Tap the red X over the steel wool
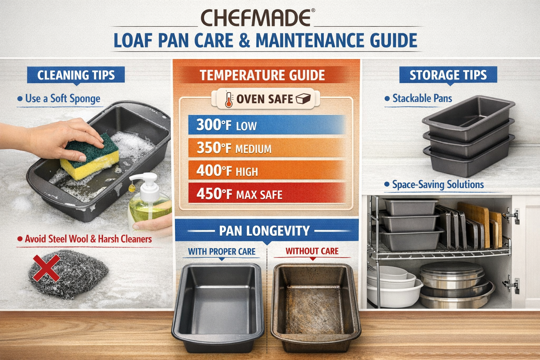(46, 268)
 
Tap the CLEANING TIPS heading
(76, 75)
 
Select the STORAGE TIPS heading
(448, 75)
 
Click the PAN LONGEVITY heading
(264, 231)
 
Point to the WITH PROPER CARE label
(221, 252)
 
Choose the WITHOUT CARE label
(312, 251)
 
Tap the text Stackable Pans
(422, 98)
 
